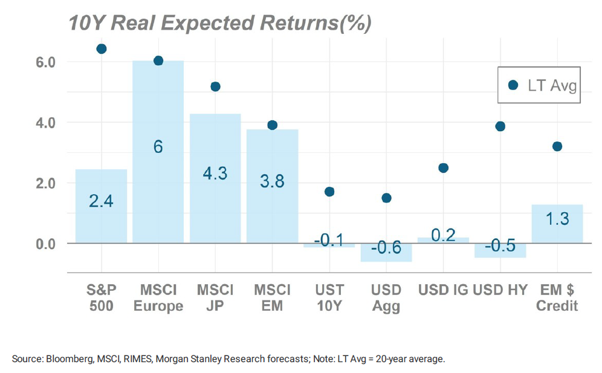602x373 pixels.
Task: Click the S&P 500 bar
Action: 101,206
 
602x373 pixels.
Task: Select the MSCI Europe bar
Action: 158,151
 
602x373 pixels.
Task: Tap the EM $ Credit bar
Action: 557,224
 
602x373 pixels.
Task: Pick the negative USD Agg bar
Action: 386,252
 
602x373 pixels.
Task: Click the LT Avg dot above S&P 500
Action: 102,49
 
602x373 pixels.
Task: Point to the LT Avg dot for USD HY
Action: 500,126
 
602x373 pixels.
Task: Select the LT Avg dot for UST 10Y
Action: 329,192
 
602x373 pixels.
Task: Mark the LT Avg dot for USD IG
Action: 443,168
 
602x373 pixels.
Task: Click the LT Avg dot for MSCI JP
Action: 215,87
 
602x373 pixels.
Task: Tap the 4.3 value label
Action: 215,173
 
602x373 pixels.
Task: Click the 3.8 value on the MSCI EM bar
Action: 272,181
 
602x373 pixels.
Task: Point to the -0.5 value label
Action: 500,246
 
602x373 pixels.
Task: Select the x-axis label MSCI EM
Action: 272,297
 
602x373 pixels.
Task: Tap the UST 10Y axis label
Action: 329,297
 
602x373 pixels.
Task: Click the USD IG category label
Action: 443,290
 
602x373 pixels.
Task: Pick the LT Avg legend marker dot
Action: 513,85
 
